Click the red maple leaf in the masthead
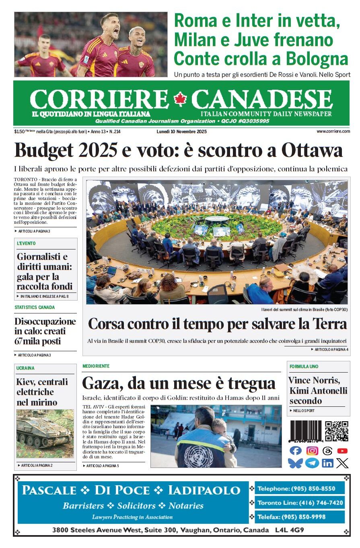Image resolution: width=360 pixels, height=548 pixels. click(x=180, y=99)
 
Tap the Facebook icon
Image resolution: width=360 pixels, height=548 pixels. click(x=295, y=451)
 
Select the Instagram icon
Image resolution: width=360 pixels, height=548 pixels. click(x=312, y=451)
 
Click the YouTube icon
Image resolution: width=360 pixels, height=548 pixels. click(x=342, y=451)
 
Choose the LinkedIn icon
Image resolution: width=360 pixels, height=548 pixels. click(x=327, y=463)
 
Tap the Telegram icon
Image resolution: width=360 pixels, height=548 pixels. click(x=312, y=463)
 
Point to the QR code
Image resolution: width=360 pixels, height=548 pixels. click(x=337, y=431)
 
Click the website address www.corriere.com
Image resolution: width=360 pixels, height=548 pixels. click(x=333, y=131)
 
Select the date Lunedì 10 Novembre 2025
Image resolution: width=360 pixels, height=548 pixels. click(x=181, y=131)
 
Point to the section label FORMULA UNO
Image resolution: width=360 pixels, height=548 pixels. click(x=304, y=367)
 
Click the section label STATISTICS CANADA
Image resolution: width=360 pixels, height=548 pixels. click(x=35, y=307)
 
